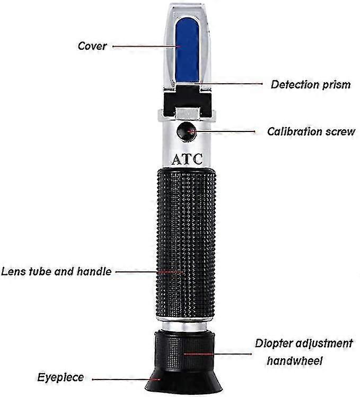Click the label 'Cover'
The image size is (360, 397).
[x=92, y=46]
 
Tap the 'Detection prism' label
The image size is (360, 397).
[x=310, y=84]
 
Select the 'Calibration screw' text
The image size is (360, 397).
[x=311, y=131]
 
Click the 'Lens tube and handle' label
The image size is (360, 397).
[x=56, y=271]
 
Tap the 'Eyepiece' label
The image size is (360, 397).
[x=60, y=377]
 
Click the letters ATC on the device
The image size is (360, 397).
[x=186, y=158]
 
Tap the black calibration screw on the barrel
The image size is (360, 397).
[x=186, y=131]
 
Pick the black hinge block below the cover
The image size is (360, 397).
[x=186, y=100]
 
